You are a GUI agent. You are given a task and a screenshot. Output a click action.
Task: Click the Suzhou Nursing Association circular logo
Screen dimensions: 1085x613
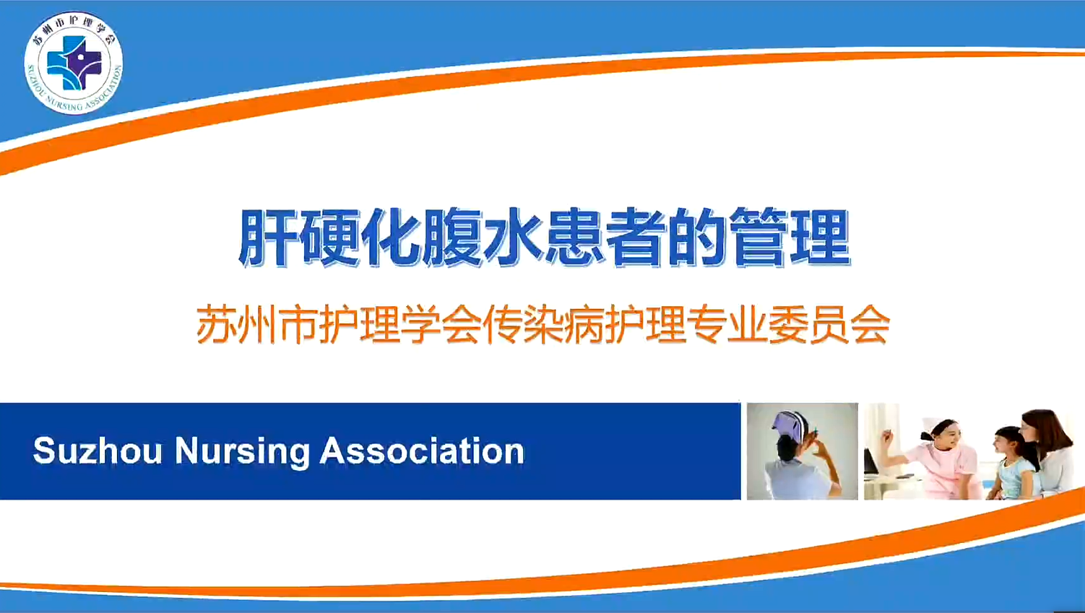tap(74, 63)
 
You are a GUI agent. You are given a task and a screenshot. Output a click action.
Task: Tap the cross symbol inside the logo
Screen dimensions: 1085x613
tap(74, 64)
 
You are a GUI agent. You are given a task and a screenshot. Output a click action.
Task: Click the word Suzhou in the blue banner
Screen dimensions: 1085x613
tap(98, 451)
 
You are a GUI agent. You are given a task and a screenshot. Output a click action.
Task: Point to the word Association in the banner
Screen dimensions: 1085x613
tap(423, 451)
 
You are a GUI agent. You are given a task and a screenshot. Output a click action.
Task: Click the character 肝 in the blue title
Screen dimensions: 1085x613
tap(268, 238)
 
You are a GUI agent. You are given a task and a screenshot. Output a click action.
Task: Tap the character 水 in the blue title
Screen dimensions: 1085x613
tap(514, 238)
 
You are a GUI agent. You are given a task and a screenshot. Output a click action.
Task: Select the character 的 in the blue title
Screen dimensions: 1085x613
tap(698, 238)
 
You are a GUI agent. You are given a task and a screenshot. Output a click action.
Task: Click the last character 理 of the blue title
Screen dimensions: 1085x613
tap(820, 238)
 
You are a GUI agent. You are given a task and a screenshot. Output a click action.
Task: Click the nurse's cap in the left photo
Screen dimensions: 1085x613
tap(790, 425)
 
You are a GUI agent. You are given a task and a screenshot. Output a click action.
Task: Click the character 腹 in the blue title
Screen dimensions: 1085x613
tap(452, 238)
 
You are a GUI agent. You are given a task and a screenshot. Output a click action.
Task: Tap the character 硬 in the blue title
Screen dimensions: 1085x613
tap(329, 238)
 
